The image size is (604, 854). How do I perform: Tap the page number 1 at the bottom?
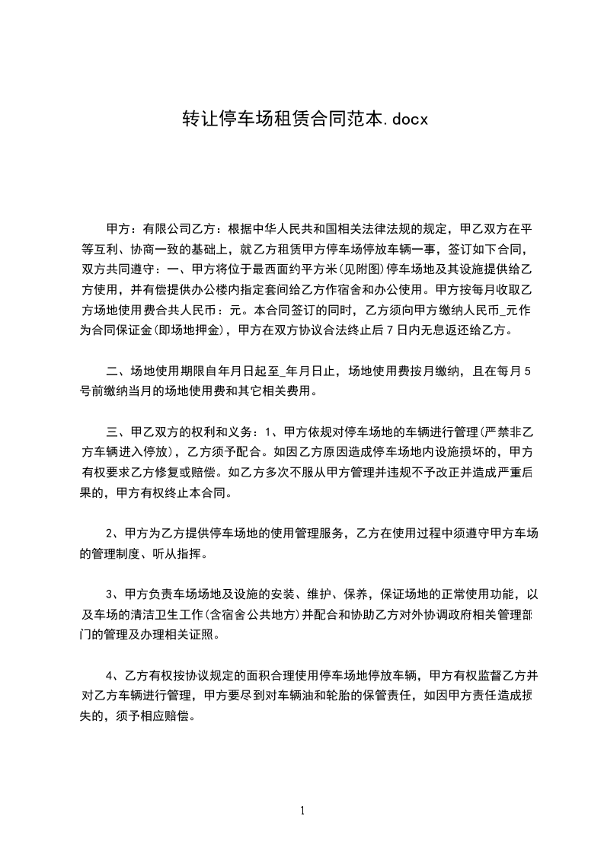coord(302,811)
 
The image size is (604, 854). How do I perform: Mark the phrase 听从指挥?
coord(178,553)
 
